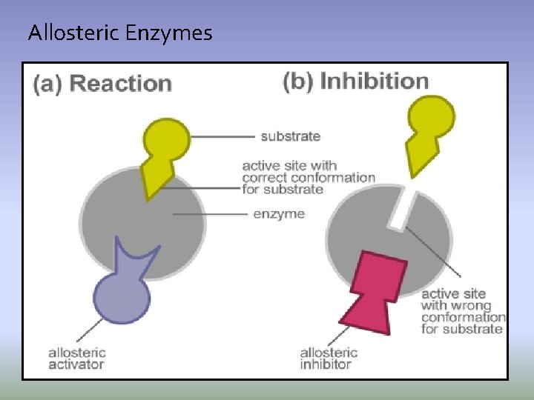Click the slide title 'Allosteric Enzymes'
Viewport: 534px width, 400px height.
(119, 33)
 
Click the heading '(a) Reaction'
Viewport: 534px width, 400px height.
(102, 83)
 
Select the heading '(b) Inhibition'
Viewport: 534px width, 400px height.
(356, 81)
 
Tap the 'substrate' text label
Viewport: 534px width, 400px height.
(290, 136)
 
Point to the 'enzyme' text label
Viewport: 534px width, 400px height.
(279, 214)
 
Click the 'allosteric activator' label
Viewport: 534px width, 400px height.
(77, 359)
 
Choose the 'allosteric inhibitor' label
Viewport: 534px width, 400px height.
(329, 359)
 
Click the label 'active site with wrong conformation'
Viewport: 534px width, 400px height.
(463, 311)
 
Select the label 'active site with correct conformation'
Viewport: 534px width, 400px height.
(309, 177)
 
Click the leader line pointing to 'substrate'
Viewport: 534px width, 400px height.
(222, 136)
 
